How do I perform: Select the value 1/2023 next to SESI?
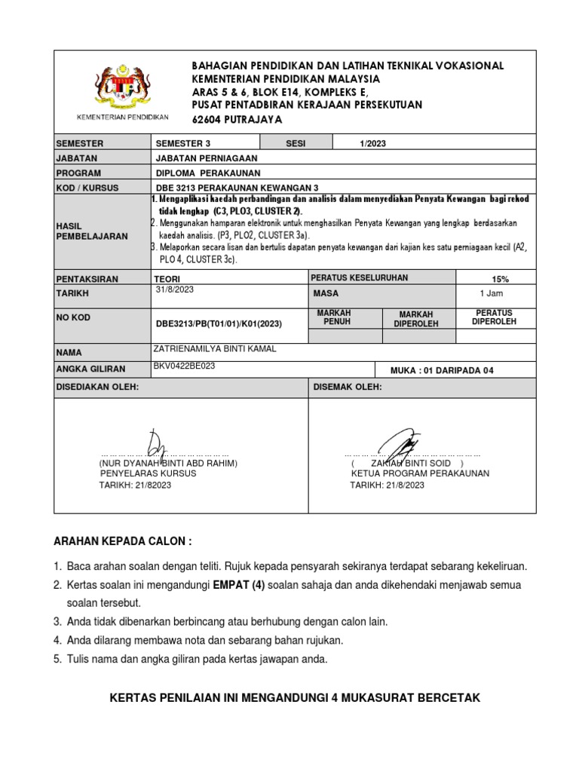coord(374,143)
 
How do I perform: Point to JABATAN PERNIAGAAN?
coord(206,158)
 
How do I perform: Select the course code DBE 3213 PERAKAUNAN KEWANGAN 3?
coord(237,187)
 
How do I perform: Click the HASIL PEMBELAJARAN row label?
coord(80,231)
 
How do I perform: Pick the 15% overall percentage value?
coord(499,279)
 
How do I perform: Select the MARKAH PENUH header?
coord(337,317)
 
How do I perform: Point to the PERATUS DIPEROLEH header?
coord(495,317)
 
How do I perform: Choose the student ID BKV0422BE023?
coord(184,365)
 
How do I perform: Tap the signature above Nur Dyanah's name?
coord(157,446)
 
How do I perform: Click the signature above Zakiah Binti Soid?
coord(398,446)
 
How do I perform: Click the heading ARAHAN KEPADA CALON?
coord(122,542)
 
